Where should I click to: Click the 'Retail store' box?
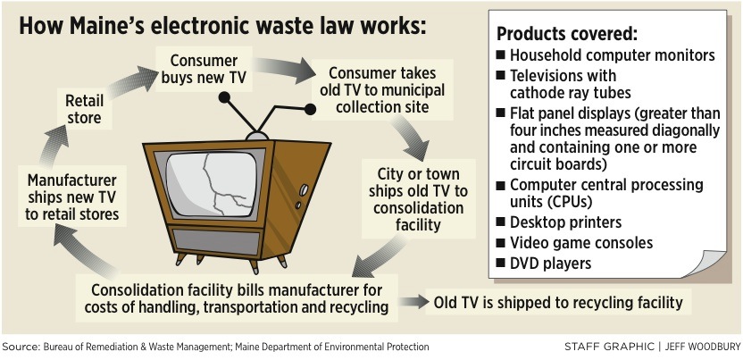[x=84, y=109]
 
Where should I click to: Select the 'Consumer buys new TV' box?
[x=204, y=69]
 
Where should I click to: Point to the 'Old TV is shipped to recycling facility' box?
[x=559, y=303]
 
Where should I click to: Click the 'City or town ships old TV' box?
[x=419, y=199]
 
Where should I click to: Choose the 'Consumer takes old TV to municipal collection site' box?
[x=382, y=89]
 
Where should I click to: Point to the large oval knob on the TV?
[x=304, y=190]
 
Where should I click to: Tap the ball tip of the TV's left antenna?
[x=224, y=97]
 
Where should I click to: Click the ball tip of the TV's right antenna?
[x=310, y=109]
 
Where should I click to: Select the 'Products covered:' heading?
[x=567, y=34]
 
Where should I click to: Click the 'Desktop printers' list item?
[x=565, y=222]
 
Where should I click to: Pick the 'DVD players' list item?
[x=551, y=263]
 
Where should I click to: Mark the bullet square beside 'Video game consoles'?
[x=500, y=243]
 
